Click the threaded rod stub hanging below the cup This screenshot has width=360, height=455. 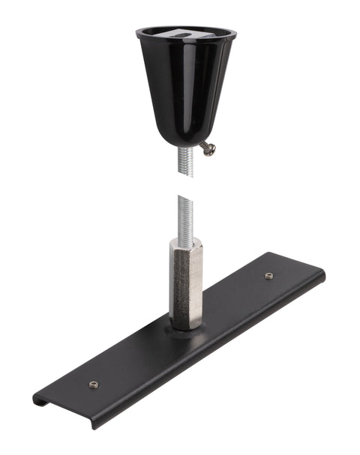pos(185,162)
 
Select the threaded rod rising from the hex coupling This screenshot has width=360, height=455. pos(185,217)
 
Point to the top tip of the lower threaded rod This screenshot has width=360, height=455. pos(185,198)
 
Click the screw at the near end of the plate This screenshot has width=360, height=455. pos(94,385)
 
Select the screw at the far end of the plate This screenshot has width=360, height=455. pos(268,276)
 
